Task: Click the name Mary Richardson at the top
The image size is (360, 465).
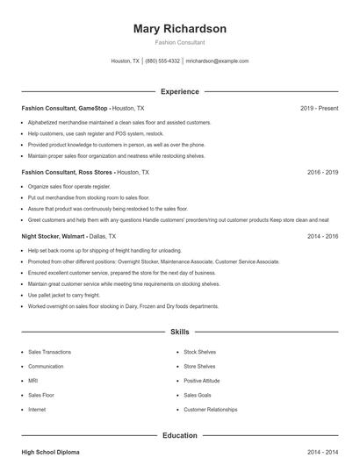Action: coord(180,29)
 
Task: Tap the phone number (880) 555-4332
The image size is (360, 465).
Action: coord(162,61)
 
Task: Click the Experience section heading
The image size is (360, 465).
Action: coord(180,91)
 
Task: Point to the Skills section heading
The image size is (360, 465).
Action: coord(180,333)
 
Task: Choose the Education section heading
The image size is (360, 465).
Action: coord(180,435)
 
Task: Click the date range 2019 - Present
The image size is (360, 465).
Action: coord(319,108)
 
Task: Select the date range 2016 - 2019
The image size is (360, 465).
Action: coord(322,173)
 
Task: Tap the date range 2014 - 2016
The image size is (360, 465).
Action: coord(322,236)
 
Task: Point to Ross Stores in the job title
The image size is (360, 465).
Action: coord(94,173)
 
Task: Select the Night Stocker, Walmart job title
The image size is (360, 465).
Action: coord(53,236)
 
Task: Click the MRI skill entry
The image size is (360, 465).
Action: coord(33,381)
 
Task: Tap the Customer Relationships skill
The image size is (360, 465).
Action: coord(211,410)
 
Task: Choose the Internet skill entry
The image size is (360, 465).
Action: coord(37,410)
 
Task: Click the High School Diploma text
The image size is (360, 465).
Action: coord(50,452)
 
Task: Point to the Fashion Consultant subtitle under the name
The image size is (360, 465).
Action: coord(180,42)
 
